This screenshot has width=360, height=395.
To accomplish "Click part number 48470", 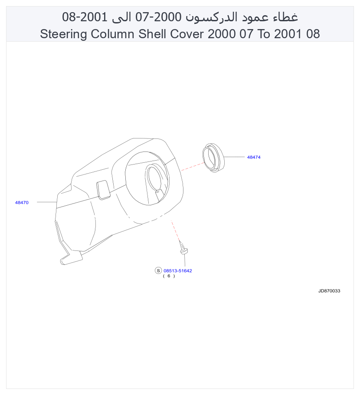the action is point(22,203).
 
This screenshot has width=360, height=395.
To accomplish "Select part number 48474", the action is point(254,157).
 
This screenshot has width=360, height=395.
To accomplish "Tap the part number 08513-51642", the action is point(178,271).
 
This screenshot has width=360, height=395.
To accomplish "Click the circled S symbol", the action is point(158,271).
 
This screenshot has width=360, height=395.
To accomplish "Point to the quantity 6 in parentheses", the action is point(169,276).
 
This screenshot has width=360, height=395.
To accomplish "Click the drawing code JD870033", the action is point(329,291).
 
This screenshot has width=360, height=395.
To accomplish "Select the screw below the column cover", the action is point(183,248).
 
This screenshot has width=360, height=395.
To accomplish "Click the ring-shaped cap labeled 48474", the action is point(213,158).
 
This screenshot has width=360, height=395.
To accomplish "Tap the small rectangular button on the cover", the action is point(103,190).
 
